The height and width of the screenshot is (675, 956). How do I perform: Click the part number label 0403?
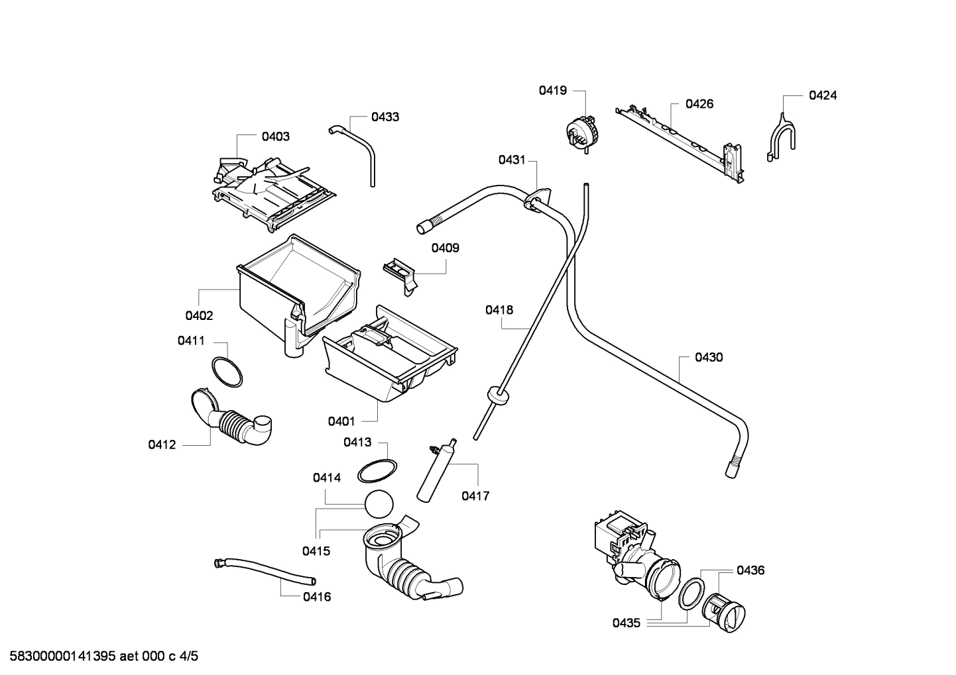tap(275, 136)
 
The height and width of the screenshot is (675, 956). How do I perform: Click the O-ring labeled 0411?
tap(226, 372)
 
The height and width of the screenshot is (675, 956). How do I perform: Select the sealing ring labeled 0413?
tap(377, 471)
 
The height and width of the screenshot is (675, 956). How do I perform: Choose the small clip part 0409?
tap(400, 272)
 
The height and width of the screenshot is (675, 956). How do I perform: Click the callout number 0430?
tap(709, 358)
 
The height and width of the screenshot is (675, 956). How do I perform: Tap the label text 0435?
tap(626, 623)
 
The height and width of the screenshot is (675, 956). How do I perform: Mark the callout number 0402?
tap(199, 316)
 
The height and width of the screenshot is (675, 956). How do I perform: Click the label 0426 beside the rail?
tap(699, 104)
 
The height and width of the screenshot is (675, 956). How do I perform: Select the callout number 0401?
tap(341, 421)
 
